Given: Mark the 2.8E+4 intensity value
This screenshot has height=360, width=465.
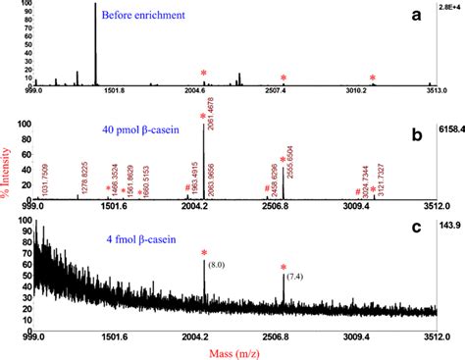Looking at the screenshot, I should click(447, 7).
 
